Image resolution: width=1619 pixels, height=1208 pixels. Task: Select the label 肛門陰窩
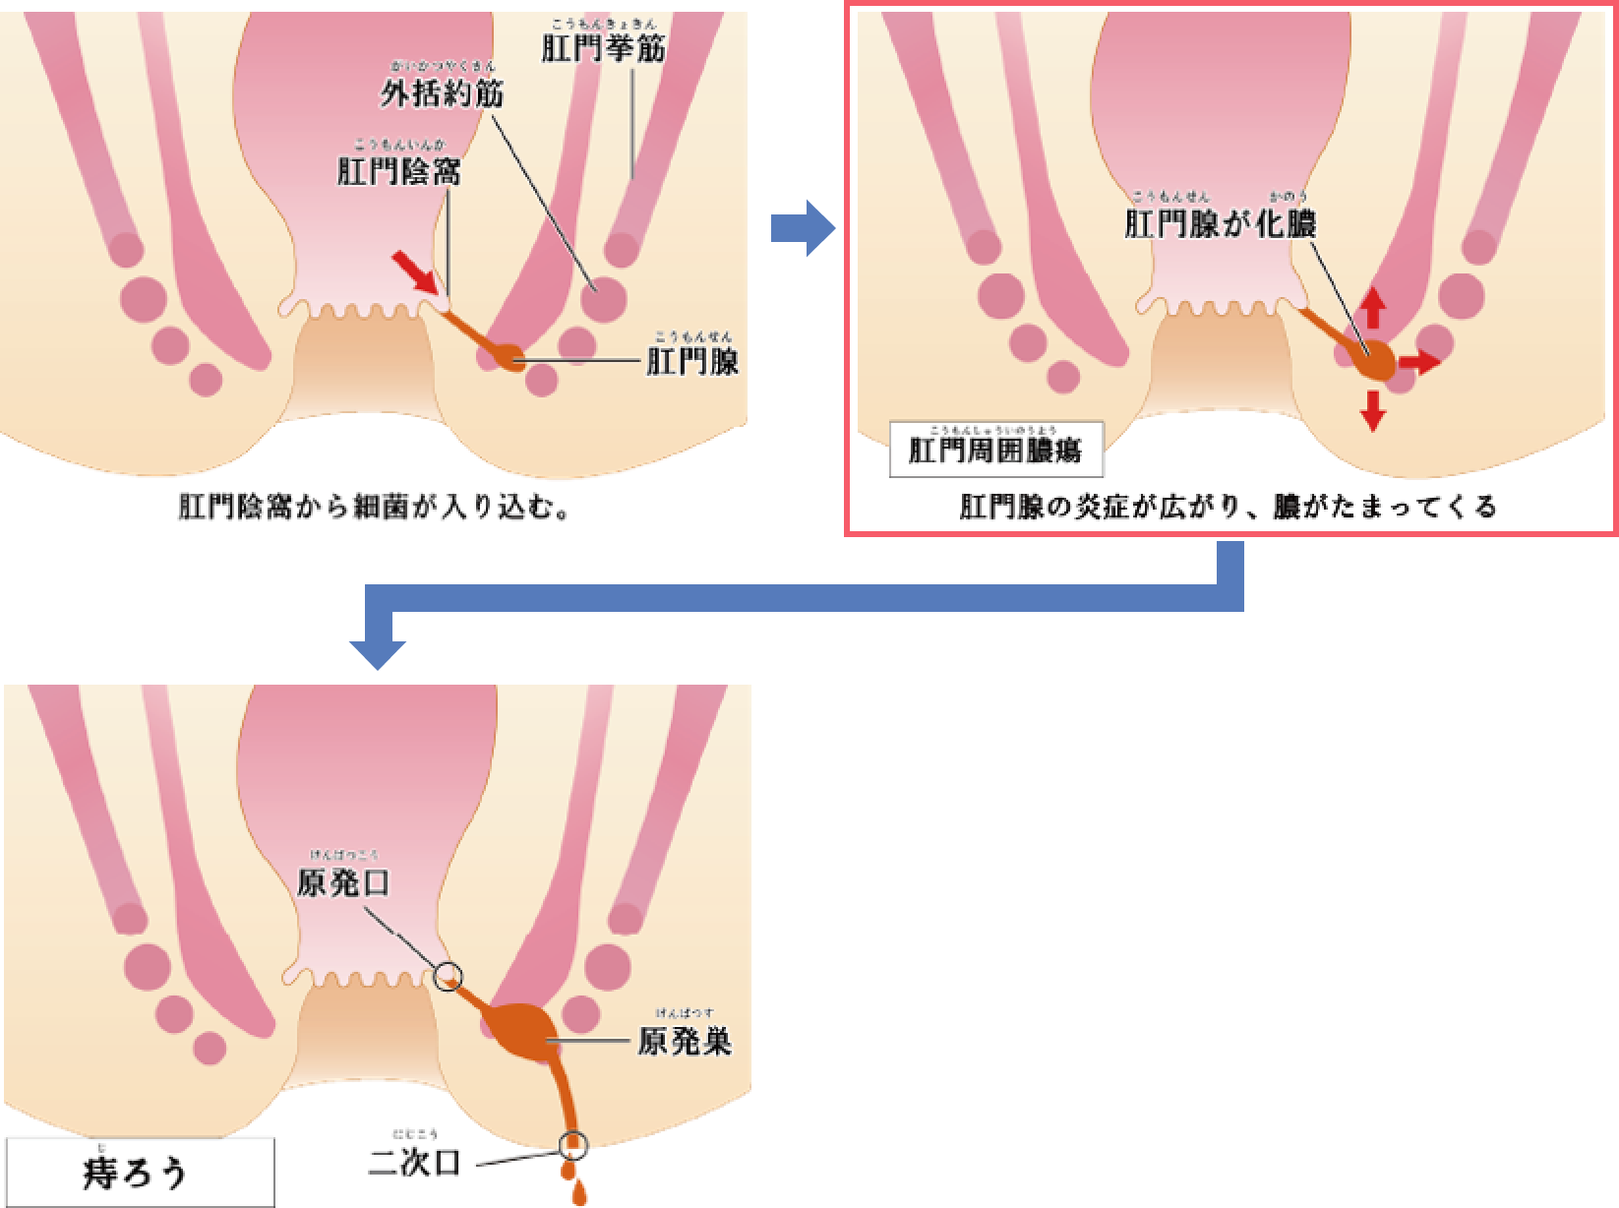tap(398, 173)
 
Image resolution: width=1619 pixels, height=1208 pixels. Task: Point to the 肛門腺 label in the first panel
tap(691, 362)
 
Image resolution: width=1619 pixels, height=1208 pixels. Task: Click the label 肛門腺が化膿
tap(1220, 223)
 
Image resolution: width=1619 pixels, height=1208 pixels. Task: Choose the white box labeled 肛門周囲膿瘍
tap(995, 452)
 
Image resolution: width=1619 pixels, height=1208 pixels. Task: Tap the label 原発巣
tap(685, 1042)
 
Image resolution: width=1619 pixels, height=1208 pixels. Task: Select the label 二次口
tap(413, 1163)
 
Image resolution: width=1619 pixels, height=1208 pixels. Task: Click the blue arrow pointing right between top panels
tap(803, 229)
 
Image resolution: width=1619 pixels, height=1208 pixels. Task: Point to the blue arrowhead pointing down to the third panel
tap(378, 648)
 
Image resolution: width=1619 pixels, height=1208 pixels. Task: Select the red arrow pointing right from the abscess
tap(1419, 363)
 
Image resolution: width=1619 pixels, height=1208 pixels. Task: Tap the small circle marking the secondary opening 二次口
tap(572, 1143)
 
